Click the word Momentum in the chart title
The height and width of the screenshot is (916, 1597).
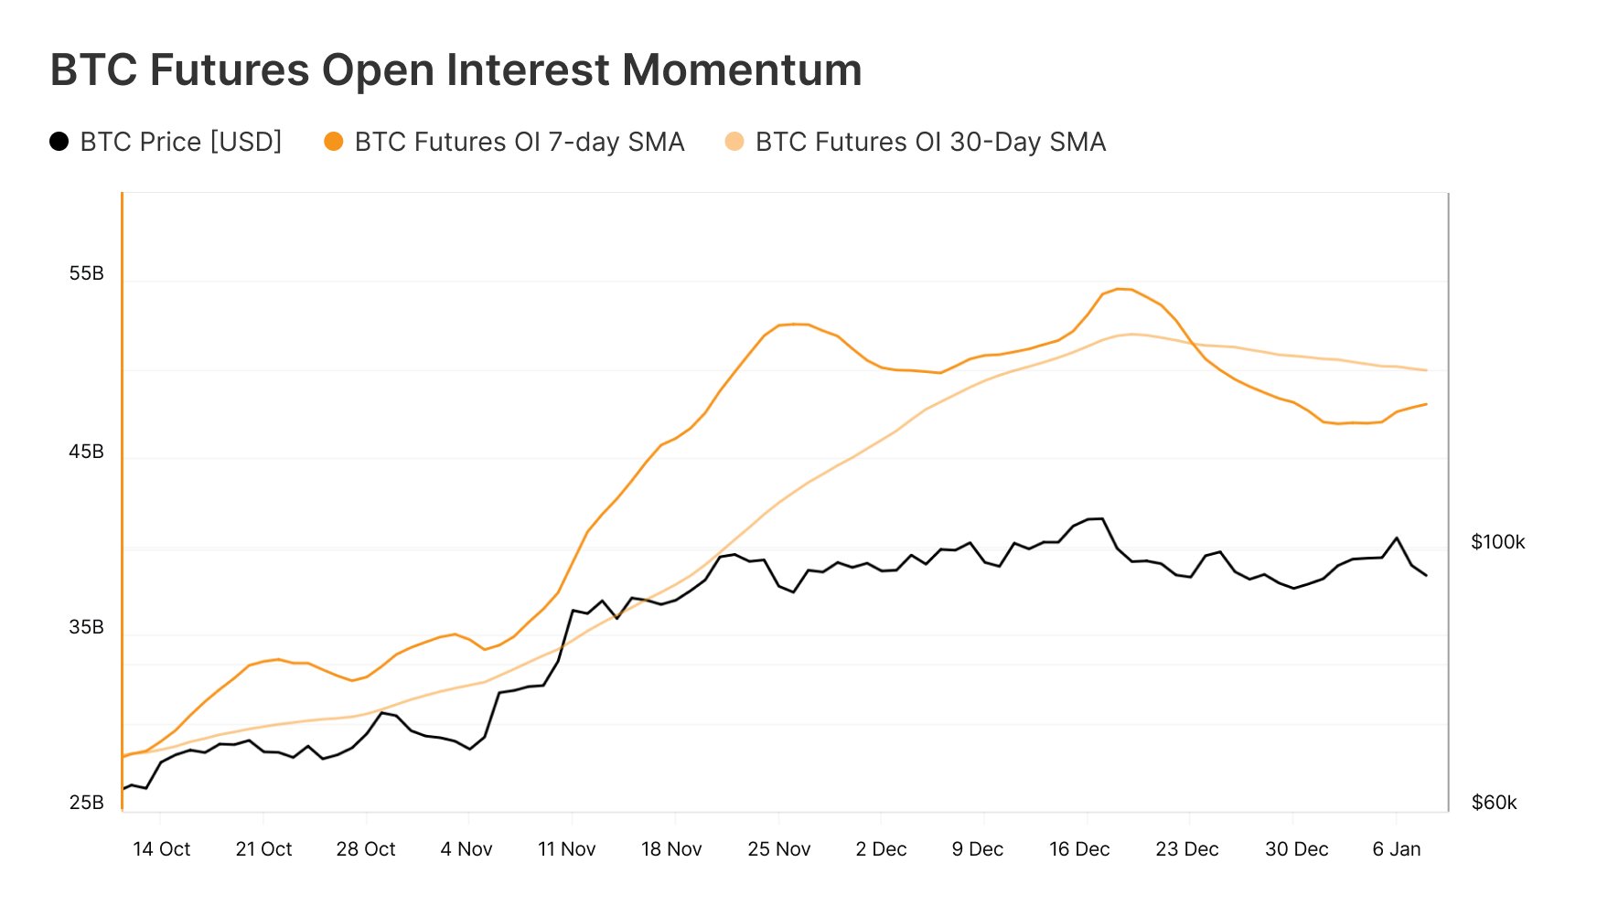[742, 70]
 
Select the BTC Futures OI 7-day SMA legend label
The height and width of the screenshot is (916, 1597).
[519, 142]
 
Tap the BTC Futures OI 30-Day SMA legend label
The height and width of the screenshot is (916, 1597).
[930, 142]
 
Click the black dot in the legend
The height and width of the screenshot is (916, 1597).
[59, 142]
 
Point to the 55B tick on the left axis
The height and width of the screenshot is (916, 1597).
[86, 273]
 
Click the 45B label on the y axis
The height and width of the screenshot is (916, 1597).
[86, 452]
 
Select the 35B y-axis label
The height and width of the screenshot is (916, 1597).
[86, 627]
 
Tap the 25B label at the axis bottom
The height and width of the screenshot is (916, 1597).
[86, 803]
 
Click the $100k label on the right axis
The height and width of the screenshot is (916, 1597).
[1497, 542]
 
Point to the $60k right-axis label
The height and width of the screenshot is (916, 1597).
[1494, 803]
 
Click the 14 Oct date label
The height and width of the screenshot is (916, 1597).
[161, 849]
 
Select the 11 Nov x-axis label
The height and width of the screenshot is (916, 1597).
[566, 849]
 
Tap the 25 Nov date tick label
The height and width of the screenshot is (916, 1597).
[778, 849]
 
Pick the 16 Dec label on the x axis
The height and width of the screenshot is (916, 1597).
[1079, 849]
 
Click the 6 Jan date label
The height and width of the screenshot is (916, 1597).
[1396, 849]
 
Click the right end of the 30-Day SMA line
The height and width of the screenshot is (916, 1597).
[1426, 370]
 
